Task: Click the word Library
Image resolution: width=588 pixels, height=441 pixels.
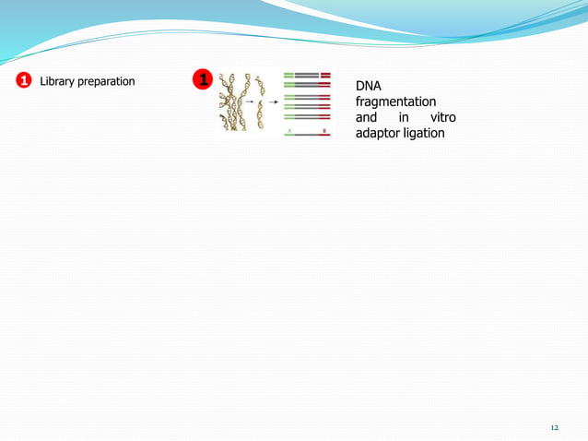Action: point(58,81)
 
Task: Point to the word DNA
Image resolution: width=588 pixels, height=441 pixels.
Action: point(369,86)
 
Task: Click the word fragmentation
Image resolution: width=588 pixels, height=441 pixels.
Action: point(395,101)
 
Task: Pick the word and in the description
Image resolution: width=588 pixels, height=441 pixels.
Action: point(367,117)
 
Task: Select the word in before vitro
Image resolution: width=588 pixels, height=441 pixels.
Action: point(404,117)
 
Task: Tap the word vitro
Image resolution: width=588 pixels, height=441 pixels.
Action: point(442,117)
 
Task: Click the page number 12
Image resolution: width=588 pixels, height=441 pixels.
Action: point(554,428)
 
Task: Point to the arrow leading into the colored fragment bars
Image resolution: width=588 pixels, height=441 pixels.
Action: point(274,102)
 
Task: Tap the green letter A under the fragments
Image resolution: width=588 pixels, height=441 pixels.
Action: point(289,130)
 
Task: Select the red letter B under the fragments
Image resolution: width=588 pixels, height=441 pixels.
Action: point(324,130)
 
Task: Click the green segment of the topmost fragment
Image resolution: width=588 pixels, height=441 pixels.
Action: point(288,74)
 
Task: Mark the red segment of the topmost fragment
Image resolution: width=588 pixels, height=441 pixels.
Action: point(325,74)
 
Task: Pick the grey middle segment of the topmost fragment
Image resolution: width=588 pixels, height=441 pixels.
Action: point(307,74)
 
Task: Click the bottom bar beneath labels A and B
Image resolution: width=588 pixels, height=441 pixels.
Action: point(307,136)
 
